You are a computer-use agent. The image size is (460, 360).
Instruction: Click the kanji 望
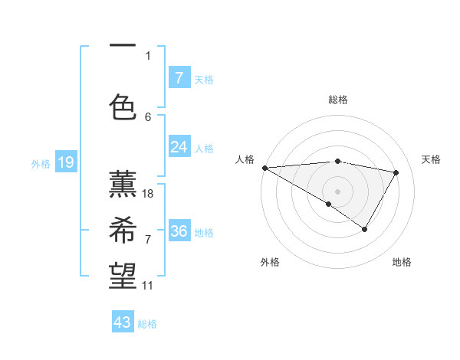click(123, 273)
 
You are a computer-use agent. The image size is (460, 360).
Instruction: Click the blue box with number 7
click(179, 77)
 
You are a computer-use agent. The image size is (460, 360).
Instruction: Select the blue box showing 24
click(179, 147)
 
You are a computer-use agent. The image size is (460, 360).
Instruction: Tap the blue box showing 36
click(179, 231)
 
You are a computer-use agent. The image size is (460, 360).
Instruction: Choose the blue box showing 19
click(65, 162)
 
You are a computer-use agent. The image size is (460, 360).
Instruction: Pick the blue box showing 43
click(123, 322)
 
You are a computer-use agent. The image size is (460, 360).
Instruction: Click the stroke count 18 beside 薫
click(148, 194)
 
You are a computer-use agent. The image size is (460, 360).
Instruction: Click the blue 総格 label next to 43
click(147, 324)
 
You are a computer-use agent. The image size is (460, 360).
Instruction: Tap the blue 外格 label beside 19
click(41, 163)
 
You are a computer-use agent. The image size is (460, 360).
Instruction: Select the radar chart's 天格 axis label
click(431, 159)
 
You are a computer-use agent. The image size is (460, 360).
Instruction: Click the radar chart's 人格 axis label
click(245, 159)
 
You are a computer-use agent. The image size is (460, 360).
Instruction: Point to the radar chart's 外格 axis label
click(270, 262)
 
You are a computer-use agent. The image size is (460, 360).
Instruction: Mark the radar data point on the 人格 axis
click(264, 167)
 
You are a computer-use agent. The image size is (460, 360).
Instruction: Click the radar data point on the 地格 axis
click(365, 229)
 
